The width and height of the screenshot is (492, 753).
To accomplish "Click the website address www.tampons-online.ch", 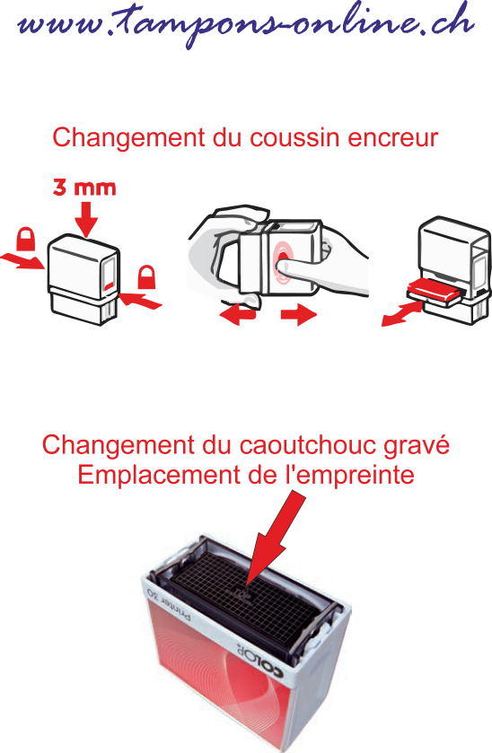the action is tap(246, 24).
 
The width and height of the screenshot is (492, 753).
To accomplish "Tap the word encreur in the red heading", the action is tap(393, 138).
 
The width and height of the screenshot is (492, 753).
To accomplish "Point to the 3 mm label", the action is tap(84, 188).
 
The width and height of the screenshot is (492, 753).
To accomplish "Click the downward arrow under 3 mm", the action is tap(86, 220).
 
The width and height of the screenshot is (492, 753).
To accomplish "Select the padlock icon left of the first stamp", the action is tap(25, 239).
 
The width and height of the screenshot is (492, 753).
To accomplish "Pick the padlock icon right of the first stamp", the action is tap(146, 277).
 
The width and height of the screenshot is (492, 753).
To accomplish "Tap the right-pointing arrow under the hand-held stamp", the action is tap(299, 315).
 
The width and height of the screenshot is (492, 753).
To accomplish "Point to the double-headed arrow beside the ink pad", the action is tap(402, 315).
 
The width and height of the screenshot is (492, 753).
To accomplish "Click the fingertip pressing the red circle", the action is tap(282, 262).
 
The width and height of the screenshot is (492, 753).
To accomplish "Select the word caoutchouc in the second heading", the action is tap(307, 445).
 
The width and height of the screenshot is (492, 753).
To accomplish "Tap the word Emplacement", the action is tap(160, 476).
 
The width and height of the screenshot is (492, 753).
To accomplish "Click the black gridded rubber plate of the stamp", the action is tap(245, 600).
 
